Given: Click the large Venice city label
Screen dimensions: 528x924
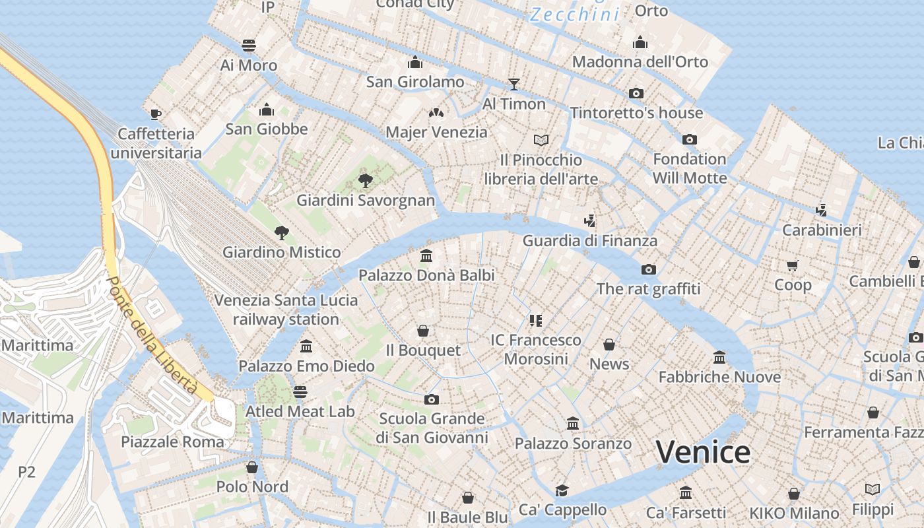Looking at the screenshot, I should (x=703, y=452).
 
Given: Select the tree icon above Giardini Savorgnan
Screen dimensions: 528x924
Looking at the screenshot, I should (x=365, y=181).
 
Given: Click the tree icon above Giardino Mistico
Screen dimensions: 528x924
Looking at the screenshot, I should (x=282, y=232).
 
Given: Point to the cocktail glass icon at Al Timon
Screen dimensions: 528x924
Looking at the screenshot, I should (x=513, y=84).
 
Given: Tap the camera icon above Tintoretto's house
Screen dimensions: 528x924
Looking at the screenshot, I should (x=636, y=93).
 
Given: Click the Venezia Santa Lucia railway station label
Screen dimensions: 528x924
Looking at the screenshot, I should (x=286, y=310).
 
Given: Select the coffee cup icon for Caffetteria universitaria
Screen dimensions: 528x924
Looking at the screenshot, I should (x=156, y=114).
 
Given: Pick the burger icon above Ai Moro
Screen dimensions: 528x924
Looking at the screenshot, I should (x=249, y=46).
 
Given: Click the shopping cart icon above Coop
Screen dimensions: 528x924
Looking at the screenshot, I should (x=793, y=265).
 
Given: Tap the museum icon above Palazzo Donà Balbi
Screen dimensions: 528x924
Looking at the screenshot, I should (x=426, y=255).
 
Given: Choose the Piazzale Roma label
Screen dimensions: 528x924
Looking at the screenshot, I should (x=172, y=442).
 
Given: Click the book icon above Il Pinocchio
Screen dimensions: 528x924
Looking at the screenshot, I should (x=541, y=140).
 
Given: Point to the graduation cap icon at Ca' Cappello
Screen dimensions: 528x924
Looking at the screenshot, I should (x=562, y=490).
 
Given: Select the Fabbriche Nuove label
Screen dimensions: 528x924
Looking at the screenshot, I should (x=719, y=377).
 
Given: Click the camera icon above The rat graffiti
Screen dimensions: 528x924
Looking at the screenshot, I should (x=649, y=269).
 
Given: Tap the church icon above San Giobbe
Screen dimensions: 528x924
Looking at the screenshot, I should (x=267, y=109).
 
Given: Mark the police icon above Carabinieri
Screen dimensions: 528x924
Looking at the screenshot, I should (x=822, y=211).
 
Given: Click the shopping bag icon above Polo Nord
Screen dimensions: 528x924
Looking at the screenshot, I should (x=252, y=467).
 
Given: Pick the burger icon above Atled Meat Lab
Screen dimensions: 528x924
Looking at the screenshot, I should (x=300, y=392).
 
